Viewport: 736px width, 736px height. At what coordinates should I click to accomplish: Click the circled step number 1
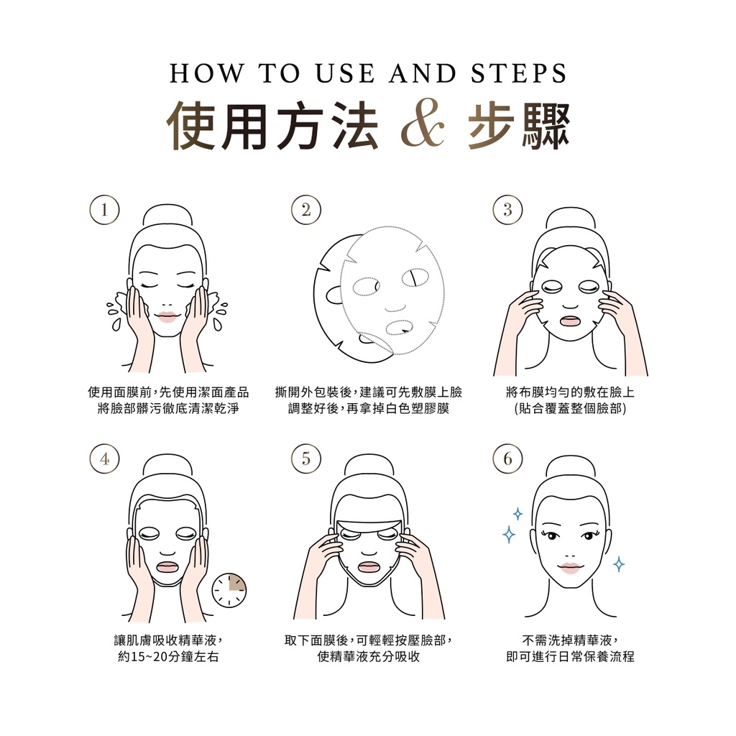point(104,210)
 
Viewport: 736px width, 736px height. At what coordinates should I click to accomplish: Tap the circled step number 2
point(306,210)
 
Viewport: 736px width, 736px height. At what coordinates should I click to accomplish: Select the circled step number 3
point(508,210)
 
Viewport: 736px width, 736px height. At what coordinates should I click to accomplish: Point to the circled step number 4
point(104,459)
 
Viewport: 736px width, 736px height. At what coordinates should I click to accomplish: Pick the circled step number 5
point(306,459)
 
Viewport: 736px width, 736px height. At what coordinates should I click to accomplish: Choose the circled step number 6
point(508,459)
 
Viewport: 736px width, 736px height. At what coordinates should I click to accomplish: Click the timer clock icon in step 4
point(229,590)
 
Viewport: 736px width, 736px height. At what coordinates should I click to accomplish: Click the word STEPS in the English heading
point(519,74)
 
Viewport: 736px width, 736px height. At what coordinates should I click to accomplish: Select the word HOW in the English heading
point(206,74)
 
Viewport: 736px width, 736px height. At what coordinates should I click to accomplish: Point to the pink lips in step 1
point(167,317)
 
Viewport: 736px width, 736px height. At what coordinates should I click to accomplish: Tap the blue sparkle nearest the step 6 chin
point(619,564)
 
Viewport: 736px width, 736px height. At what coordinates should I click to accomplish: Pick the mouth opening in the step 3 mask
point(570,322)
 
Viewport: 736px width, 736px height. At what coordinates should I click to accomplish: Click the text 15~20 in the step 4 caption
point(147,656)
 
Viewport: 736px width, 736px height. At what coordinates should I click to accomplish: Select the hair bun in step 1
point(167,216)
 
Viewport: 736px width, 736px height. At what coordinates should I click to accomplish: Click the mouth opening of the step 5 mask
point(369,566)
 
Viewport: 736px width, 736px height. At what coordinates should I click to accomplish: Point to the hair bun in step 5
point(369,465)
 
